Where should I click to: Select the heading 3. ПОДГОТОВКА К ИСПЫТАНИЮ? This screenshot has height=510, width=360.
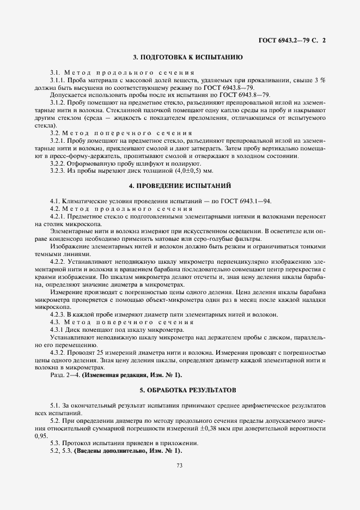pyautogui.click(x=180, y=57)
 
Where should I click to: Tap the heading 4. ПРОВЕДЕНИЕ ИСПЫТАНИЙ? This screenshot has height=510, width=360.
pyautogui.click(x=180, y=185)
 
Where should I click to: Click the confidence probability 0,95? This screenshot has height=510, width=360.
pyautogui.click(x=41, y=436)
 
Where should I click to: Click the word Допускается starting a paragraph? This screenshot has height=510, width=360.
pyautogui.click(x=68, y=94)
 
